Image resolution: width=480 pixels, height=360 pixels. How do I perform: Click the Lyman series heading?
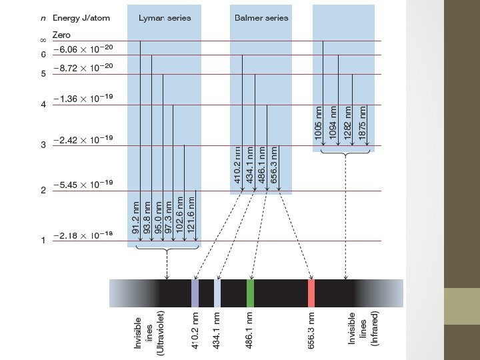pyautogui.click(x=164, y=18)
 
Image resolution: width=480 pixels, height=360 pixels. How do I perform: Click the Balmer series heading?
pyautogui.click(x=261, y=18)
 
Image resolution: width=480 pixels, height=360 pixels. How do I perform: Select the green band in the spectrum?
pyautogui.click(x=251, y=293)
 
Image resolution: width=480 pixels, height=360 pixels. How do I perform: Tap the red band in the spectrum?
pyautogui.click(x=311, y=293)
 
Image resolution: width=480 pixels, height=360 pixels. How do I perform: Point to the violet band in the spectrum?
pyautogui.click(x=195, y=293)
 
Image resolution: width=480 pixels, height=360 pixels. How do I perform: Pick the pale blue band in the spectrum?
pyautogui.click(x=217, y=293)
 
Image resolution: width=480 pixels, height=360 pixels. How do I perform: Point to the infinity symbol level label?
pyautogui.click(x=43, y=42)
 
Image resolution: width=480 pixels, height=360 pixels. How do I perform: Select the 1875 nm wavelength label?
pyautogui.click(x=362, y=123)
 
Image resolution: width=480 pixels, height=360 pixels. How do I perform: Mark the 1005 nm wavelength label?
pyautogui.click(x=319, y=123)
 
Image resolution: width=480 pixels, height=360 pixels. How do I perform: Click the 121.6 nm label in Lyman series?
pyautogui.click(x=191, y=213)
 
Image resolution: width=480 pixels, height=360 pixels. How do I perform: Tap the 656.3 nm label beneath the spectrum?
pyautogui.click(x=311, y=327)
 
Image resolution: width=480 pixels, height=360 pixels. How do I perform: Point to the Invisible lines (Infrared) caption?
pyautogui.click(x=363, y=327)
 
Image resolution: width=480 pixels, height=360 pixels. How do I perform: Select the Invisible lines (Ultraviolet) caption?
pyautogui.click(x=149, y=331)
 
